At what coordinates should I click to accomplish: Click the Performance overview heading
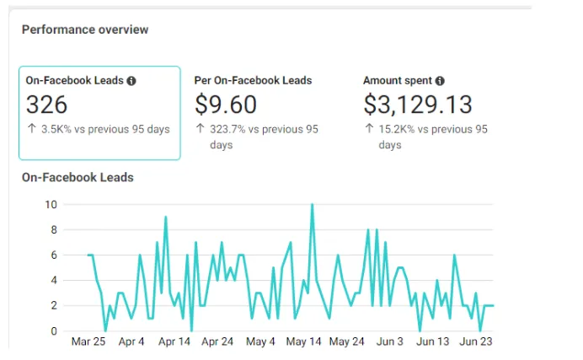click(85, 30)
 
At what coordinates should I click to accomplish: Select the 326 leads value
click(47, 105)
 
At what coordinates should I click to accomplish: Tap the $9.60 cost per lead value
click(226, 105)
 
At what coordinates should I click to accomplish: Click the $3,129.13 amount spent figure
click(418, 105)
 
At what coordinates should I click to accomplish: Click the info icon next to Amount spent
click(441, 81)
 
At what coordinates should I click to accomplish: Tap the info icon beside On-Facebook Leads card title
click(131, 81)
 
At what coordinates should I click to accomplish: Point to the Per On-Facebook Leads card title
click(253, 81)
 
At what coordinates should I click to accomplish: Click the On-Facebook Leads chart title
click(78, 177)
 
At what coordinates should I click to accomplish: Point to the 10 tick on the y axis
click(51, 204)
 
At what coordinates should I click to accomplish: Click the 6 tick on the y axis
click(54, 255)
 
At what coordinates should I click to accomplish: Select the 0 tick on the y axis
click(54, 330)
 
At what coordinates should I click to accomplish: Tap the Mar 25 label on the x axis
click(88, 342)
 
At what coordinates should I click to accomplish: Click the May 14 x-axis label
click(304, 342)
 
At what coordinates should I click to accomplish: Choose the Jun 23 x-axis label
click(476, 342)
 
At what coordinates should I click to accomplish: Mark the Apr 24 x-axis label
click(217, 342)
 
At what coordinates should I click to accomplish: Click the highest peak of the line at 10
click(313, 205)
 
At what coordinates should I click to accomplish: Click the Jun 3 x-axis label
click(390, 342)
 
